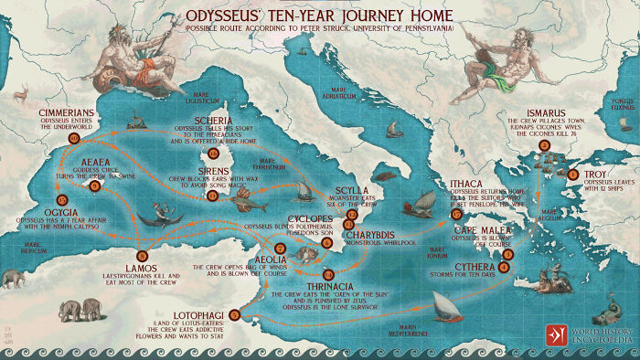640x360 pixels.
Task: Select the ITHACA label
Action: pyautogui.click(x=472, y=184)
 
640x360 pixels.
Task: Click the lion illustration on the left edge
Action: pyautogui.click(x=13, y=278)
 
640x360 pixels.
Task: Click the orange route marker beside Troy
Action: pyautogui.click(x=572, y=174)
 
